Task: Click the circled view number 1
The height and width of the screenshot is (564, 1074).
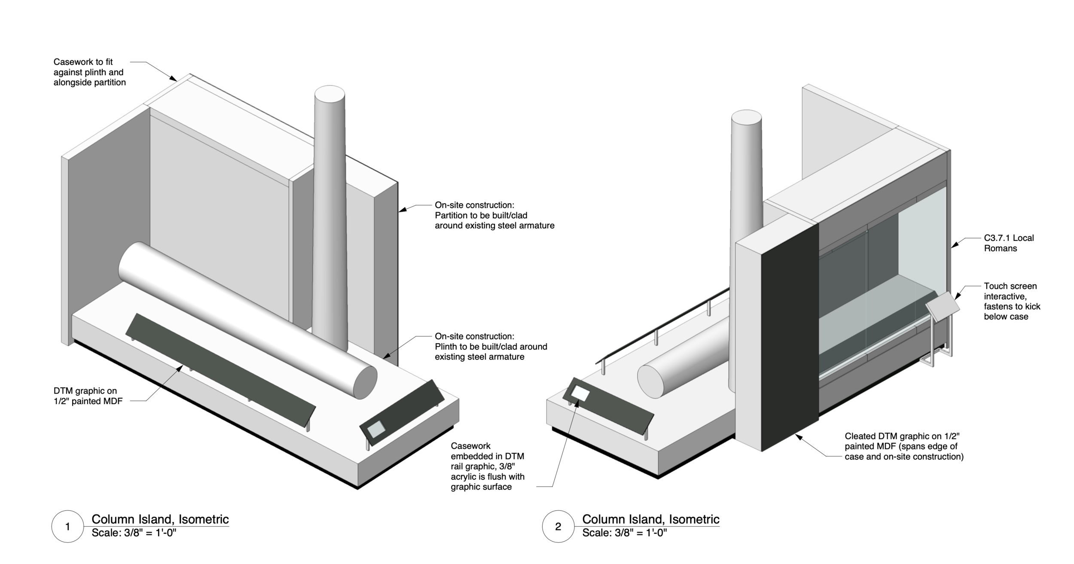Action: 67,526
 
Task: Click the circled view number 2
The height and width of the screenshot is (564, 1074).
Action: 558,526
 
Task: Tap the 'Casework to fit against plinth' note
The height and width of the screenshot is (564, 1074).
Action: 89,72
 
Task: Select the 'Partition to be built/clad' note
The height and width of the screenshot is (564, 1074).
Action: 494,215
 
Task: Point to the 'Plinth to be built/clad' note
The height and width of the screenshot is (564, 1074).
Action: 491,347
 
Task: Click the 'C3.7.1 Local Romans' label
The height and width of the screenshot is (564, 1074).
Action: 1008,243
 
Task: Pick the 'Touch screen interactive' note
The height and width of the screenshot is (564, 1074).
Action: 1012,301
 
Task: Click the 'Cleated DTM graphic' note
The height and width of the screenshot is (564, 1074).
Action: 903,447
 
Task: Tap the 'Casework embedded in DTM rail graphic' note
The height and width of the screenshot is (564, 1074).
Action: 487,466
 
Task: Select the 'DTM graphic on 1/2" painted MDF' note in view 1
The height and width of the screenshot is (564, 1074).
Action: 88,396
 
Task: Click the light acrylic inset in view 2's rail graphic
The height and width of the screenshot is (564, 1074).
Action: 580,393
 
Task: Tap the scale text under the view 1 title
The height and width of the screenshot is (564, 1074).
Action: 134,533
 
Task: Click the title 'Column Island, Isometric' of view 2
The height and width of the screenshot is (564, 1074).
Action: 650,519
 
